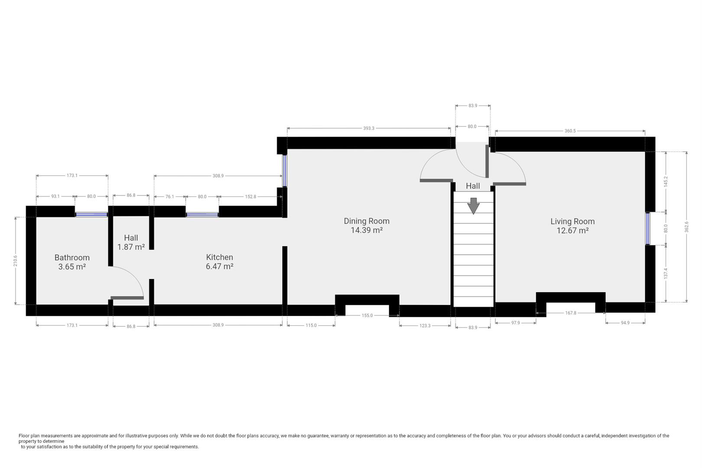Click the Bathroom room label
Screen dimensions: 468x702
tap(72, 257)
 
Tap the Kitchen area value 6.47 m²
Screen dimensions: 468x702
tap(220, 266)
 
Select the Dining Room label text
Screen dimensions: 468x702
tap(367, 221)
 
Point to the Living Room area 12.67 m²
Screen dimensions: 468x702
tap(572, 231)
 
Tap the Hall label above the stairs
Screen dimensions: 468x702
tap(473, 186)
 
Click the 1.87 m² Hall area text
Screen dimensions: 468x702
tap(131, 247)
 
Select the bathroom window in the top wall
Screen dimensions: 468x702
tap(91, 214)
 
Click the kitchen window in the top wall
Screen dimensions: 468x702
tap(202, 214)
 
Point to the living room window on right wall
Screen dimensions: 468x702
tap(648, 228)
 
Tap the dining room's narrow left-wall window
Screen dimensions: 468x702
tap(285, 170)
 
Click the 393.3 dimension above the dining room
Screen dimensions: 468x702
tap(369, 128)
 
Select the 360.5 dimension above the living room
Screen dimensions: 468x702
tap(570, 131)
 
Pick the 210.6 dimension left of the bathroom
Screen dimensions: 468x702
tap(16, 261)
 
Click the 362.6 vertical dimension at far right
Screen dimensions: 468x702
tap(686, 227)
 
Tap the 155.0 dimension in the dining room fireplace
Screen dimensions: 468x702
tap(367, 315)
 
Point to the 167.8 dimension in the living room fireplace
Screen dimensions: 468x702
tap(571, 313)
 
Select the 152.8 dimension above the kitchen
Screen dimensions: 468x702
tap(250, 197)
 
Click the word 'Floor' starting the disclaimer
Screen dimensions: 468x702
tap(24, 436)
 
